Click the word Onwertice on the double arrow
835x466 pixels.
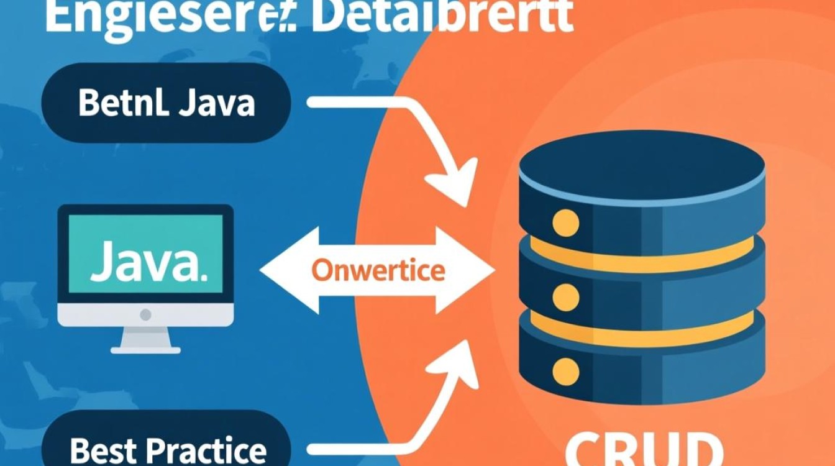[378, 270]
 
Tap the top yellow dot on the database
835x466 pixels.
[565, 222]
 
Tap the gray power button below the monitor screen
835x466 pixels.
[145, 314]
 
